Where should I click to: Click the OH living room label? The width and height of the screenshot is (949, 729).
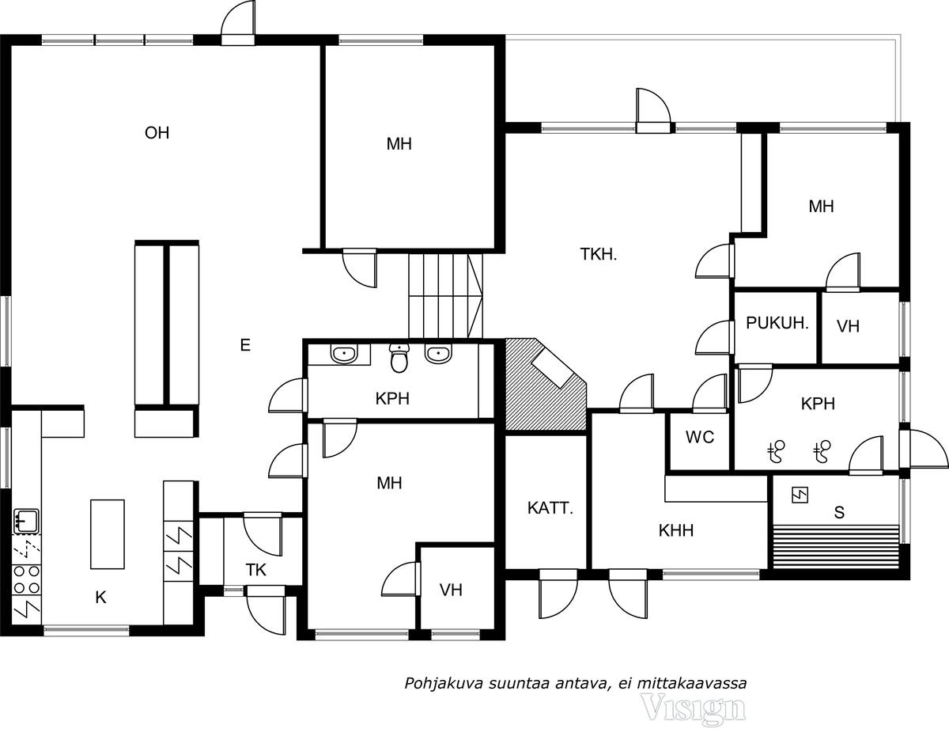click(x=157, y=132)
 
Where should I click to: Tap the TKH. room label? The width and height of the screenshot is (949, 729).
click(x=598, y=255)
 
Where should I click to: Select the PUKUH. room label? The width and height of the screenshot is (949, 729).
click(x=777, y=324)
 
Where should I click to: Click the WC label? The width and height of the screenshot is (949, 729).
click(x=700, y=437)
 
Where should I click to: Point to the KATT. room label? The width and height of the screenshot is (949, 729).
click(x=549, y=508)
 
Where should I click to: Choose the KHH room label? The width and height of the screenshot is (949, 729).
click(x=675, y=530)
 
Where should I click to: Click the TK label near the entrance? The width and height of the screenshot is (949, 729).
click(x=255, y=570)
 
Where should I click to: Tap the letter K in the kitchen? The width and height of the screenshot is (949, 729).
click(x=100, y=598)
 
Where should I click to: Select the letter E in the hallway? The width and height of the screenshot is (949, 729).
click(x=245, y=344)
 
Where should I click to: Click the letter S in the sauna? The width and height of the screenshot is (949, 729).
click(x=838, y=512)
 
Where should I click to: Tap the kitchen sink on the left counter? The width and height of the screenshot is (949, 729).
click(x=26, y=521)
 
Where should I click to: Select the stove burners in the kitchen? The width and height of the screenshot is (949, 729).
click(x=26, y=579)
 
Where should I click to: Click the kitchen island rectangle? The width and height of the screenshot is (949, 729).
click(x=107, y=533)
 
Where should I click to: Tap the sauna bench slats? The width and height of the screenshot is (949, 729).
click(x=835, y=545)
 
